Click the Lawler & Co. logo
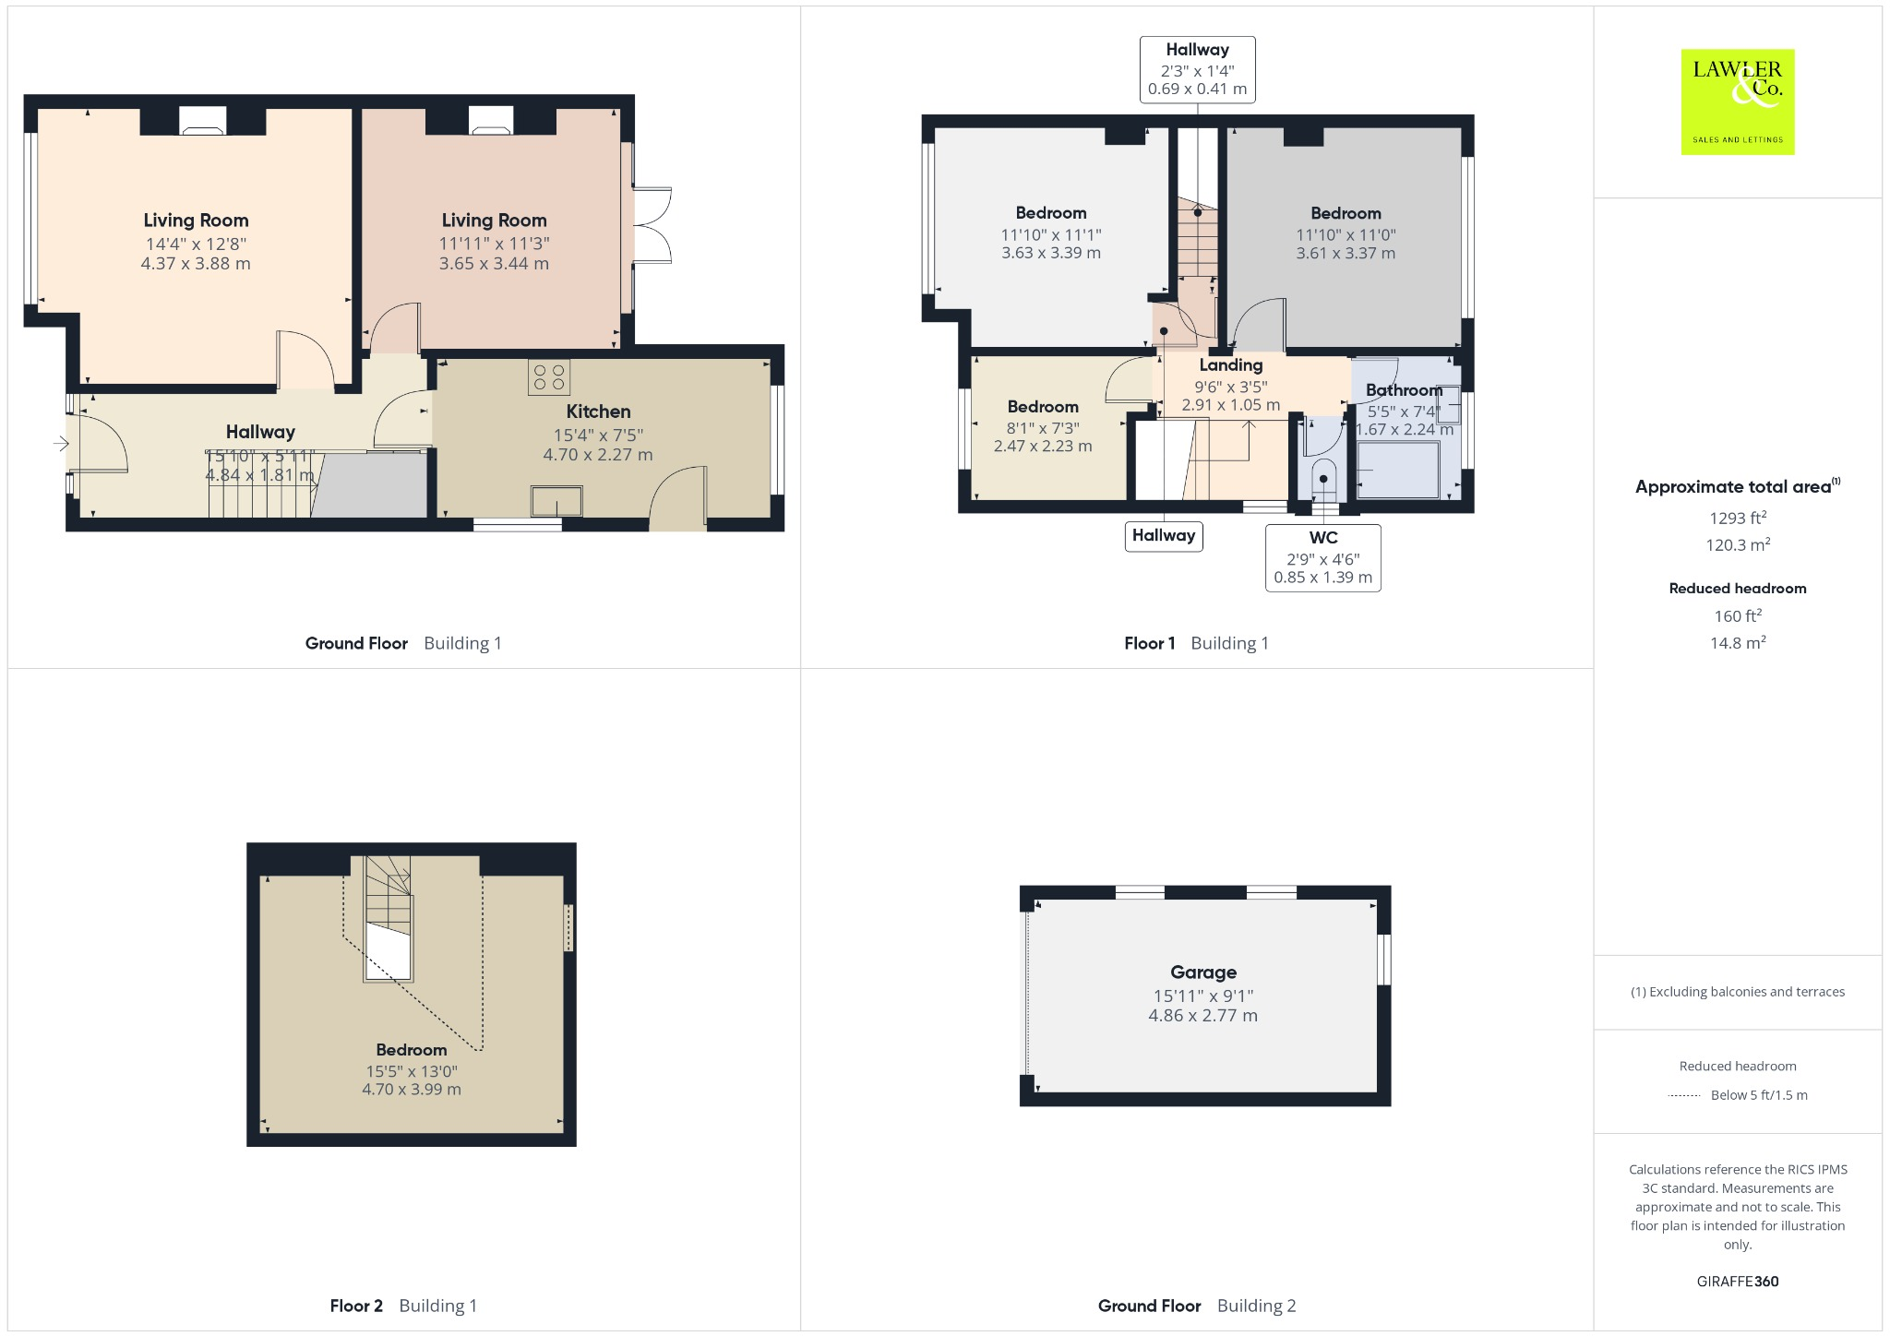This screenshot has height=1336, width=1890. tap(1737, 101)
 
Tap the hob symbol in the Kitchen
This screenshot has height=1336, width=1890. tap(549, 376)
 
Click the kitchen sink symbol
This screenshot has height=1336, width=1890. tap(556, 501)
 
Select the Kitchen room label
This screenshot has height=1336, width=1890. tap(598, 412)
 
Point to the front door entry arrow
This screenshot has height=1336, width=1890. tap(61, 445)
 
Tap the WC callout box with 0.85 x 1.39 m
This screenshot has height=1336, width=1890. tap(1322, 558)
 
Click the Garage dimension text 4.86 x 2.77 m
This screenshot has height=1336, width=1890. tap(1202, 1016)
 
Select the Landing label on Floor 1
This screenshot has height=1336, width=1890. tap(1230, 365)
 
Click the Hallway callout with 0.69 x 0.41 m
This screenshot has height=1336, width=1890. tap(1197, 69)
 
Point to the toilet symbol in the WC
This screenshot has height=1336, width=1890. tap(1323, 480)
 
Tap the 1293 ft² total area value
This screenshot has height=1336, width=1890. tap(1738, 519)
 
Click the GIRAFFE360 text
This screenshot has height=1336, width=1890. tap(1737, 1282)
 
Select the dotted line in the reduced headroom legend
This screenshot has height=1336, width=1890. tap(1684, 1096)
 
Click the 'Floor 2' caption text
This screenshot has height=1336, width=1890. tap(356, 1306)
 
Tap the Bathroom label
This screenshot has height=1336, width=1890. tap(1404, 390)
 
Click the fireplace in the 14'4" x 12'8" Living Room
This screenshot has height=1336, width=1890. tap(202, 121)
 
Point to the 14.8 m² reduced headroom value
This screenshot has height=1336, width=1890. tap(1738, 643)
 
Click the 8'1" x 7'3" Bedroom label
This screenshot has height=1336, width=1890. tap(1043, 407)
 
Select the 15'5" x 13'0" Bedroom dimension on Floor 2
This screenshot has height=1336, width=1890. tap(412, 1071)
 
